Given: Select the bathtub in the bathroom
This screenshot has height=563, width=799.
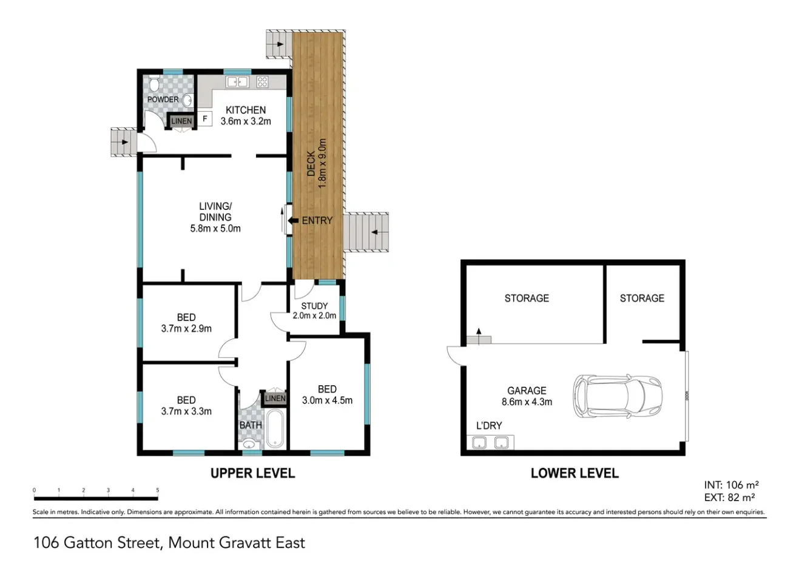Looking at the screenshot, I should (x=275, y=430).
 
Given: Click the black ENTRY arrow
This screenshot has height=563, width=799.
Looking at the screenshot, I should (x=292, y=220).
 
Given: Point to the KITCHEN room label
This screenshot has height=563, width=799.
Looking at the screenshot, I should (x=246, y=110).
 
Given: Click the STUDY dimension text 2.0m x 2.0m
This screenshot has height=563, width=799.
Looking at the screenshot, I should (x=314, y=315).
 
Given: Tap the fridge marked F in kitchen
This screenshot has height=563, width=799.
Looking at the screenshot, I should (x=205, y=119).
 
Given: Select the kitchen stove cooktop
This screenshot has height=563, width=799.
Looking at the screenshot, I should (x=263, y=82).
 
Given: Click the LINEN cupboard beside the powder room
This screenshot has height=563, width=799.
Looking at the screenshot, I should (x=181, y=121).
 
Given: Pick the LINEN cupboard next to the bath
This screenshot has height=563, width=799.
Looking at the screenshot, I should (x=275, y=399).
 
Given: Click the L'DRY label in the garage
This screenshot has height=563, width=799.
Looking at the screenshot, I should (x=488, y=425).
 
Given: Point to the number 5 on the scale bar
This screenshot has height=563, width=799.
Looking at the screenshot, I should (x=158, y=491).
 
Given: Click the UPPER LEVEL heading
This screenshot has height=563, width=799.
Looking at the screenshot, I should (x=252, y=473).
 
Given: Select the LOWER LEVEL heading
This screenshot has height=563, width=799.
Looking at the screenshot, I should (x=575, y=473).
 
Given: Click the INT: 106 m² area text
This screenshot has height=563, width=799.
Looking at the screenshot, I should (x=732, y=485).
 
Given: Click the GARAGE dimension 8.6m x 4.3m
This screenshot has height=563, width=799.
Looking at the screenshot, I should (x=527, y=401).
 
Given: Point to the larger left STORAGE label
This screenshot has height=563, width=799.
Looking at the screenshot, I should (x=527, y=298).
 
